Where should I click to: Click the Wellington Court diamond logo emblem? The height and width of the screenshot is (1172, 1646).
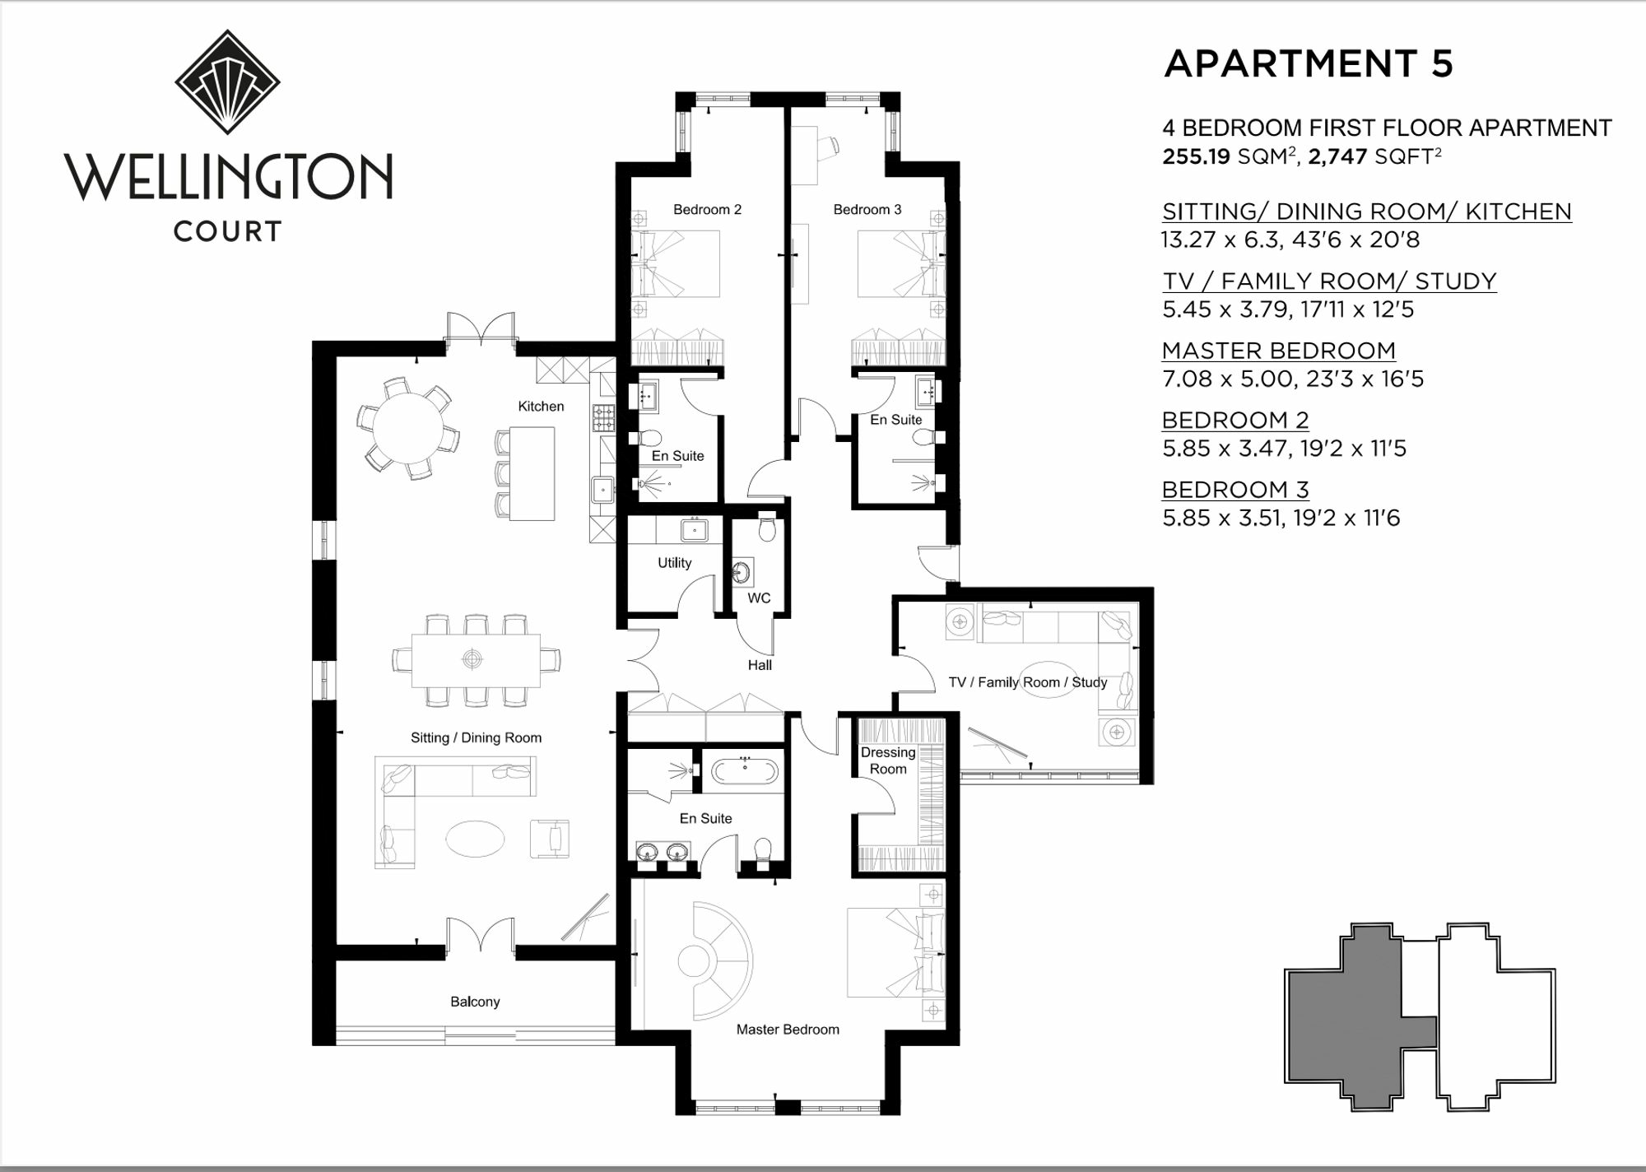tap(227, 81)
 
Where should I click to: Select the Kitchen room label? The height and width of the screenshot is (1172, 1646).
tap(541, 407)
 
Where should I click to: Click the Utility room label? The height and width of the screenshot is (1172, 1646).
tap(674, 563)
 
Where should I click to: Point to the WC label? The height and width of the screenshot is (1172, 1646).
tap(759, 598)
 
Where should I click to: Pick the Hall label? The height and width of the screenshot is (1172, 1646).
tap(760, 665)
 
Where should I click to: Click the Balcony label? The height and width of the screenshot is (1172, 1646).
tap(475, 1002)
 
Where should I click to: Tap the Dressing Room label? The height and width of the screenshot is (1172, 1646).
tap(888, 760)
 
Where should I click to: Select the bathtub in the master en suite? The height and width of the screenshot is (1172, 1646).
tap(745, 771)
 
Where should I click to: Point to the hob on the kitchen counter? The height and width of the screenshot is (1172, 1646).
tap(604, 417)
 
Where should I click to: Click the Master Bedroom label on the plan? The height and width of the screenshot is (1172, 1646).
tap(788, 1030)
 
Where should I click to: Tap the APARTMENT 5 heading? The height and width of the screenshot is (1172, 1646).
tap(1309, 64)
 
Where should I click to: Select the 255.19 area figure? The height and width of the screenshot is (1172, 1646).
tap(1195, 156)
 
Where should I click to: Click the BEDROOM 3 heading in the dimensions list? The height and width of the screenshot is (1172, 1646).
tap(1235, 490)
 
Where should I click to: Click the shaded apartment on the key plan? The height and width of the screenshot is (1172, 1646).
tap(1350, 1021)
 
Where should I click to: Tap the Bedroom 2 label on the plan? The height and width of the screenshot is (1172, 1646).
tap(707, 210)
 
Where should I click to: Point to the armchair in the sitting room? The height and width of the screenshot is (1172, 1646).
tap(550, 838)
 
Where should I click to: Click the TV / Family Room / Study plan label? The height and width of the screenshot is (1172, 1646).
tap(1028, 682)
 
